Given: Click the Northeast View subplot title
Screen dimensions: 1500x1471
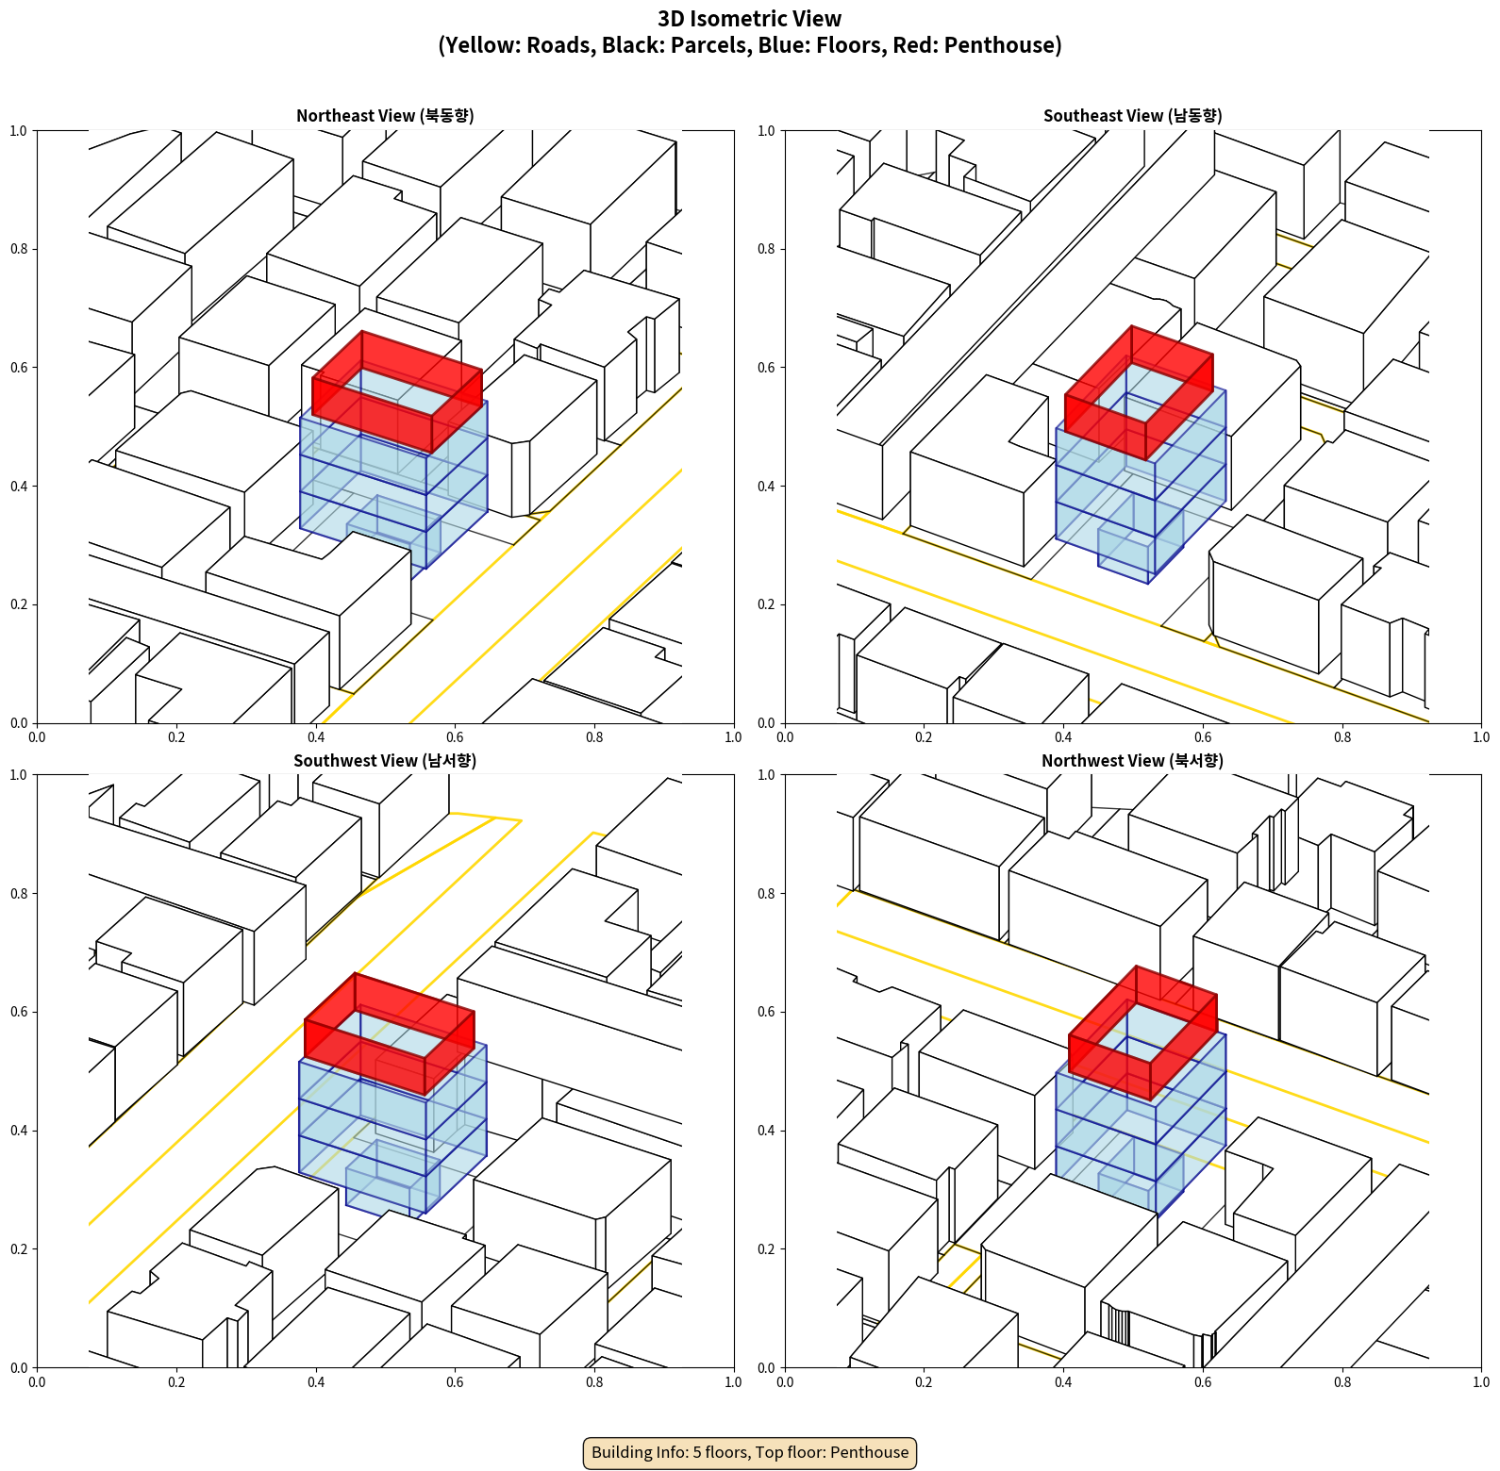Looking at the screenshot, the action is point(385,116).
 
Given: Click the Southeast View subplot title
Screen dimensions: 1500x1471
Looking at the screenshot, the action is point(1132,116).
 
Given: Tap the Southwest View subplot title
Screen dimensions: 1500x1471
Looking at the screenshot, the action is point(385,761).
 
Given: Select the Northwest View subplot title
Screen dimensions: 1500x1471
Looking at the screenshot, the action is point(1132,761).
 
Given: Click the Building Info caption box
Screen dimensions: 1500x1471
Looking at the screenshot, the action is point(750,1452).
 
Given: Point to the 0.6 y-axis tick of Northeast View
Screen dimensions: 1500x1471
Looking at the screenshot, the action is point(20,368).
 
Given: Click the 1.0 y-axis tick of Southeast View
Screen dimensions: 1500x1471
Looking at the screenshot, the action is point(767,131).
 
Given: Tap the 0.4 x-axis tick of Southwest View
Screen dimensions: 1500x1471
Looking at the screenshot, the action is point(316,1382).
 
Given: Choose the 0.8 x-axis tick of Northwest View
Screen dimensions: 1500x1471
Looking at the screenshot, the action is point(1342,1382).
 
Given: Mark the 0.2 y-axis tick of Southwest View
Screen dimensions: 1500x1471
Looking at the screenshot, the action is point(20,1249).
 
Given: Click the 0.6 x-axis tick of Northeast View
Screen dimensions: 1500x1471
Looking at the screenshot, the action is point(455,737).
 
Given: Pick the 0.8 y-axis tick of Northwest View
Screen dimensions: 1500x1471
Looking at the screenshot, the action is point(767,894).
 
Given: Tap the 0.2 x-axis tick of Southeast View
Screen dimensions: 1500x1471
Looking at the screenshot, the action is point(924,737).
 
